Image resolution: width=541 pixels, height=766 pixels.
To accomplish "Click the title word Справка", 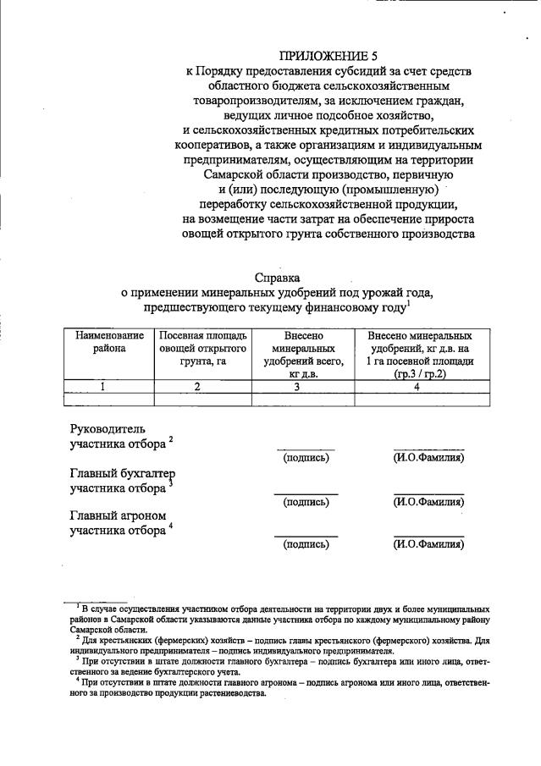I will (277, 277).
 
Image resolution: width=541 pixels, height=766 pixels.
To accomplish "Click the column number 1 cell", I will (103, 386).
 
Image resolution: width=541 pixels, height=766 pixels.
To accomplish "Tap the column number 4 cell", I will (417, 386).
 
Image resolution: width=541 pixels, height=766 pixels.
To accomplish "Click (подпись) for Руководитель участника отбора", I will (306, 458).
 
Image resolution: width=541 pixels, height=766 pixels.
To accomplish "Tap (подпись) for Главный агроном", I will (306, 544).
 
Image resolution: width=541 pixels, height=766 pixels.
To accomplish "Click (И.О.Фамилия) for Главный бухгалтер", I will (428, 501).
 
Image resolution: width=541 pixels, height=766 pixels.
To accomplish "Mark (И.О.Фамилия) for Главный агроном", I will (428, 544).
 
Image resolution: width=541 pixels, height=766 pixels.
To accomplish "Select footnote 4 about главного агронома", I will (279, 682).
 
